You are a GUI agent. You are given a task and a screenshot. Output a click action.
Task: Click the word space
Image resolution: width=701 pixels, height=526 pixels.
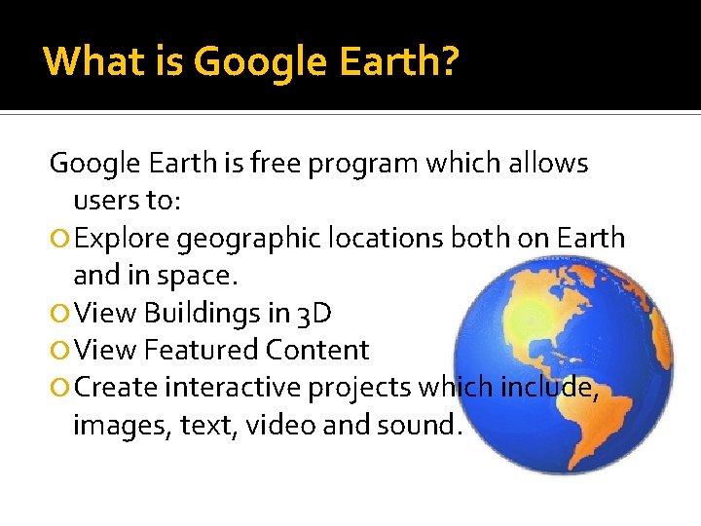(x=198, y=276)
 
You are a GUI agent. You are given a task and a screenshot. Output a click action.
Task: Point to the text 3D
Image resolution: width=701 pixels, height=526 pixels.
(x=314, y=313)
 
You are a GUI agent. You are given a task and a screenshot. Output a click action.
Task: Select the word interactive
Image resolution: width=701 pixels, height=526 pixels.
(x=233, y=388)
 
